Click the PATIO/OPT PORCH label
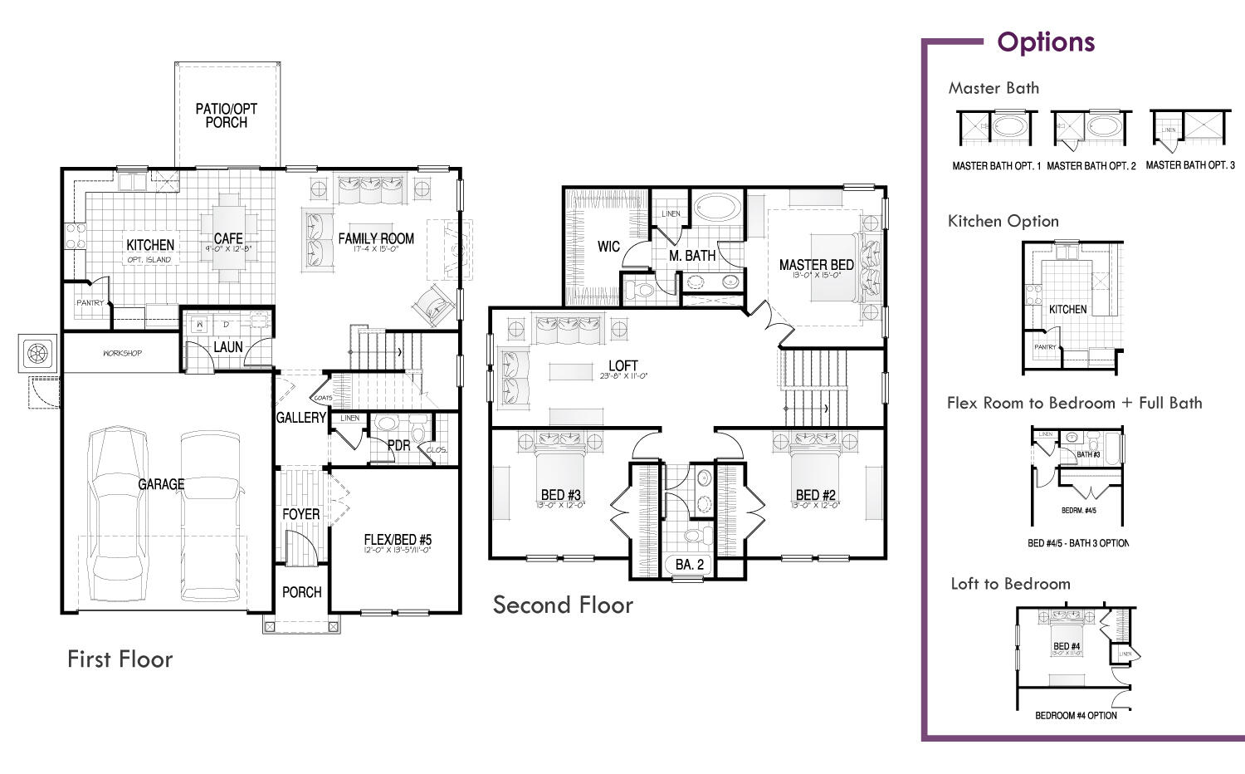click(226, 115)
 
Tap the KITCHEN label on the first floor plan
click(150, 245)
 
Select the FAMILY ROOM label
click(376, 239)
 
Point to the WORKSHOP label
click(122, 353)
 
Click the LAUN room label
click(228, 347)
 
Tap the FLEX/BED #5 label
click(398, 540)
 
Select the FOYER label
click(300, 514)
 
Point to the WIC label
click(608, 247)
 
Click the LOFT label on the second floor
click(622, 366)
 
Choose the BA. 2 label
click(689, 565)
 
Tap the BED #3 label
click(561, 495)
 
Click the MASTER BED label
click(816, 265)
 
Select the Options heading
click(1046, 42)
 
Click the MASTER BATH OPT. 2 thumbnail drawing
click(1089, 130)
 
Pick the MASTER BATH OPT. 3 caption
click(1190, 165)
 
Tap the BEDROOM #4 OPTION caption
click(1076, 715)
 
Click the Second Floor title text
click(563, 605)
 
